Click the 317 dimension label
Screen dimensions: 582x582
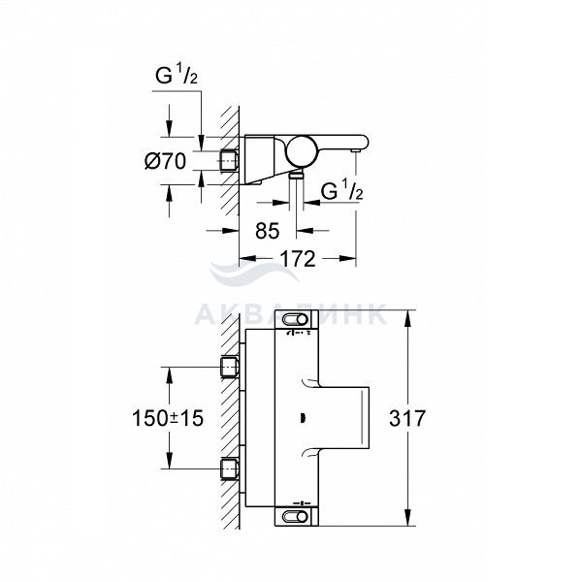(407, 418)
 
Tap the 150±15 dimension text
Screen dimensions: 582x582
(168, 418)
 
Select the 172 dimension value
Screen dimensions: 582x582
(298, 259)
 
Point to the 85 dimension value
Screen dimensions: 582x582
(268, 231)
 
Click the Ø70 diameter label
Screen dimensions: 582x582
(166, 161)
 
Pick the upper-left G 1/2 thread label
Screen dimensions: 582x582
(177, 75)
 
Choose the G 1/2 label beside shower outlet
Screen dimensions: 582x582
(341, 190)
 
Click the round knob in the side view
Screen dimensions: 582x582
(301, 151)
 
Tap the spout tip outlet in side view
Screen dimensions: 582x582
(357, 150)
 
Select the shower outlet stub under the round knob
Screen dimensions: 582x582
(296, 175)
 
